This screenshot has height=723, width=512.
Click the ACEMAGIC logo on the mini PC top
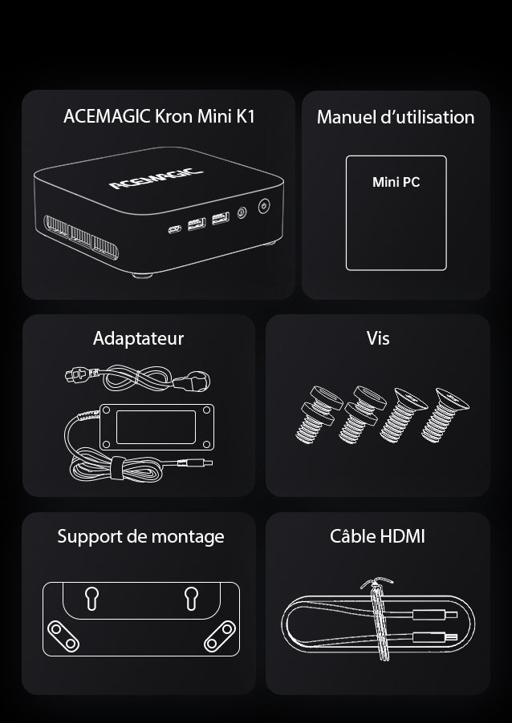tap(156, 179)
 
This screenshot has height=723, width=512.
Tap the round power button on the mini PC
tap(263, 206)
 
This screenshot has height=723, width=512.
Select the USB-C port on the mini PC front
tap(174, 228)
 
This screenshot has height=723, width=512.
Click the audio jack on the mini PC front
tap(242, 212)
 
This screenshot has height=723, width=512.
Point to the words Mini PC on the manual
tap(396, 182)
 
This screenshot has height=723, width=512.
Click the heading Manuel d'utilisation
tap(396, 117)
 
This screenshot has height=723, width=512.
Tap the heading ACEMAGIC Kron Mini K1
tap(159, 116)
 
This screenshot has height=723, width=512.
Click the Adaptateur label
tap(138, 338)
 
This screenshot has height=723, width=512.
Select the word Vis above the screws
tap(378, 338)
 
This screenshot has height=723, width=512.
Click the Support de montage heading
tap(140, 537)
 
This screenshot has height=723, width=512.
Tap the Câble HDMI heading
tap(378, 536)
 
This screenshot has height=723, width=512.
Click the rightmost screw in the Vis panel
tap(445, 414)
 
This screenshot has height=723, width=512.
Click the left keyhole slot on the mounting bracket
tap(91, 598)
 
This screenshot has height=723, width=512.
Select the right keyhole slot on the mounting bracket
tap(191, 598)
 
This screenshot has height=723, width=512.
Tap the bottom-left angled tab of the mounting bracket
tap(63, 636)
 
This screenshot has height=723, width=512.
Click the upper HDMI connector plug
tap(435, 614)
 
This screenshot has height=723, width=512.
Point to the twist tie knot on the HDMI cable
tap(376, 582)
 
